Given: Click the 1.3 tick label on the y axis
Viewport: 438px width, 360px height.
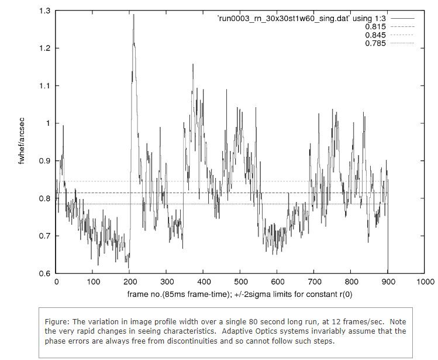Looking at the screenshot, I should (44, 11).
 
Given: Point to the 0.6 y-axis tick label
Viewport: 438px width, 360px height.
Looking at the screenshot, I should (44, 273).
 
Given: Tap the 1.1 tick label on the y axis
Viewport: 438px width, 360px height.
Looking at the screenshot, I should (44, 85).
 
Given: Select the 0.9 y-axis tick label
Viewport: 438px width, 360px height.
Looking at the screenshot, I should (44, 161).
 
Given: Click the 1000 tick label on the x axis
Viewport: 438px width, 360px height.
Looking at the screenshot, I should (425, 282).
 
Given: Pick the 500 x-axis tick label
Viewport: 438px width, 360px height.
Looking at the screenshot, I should (240, 282).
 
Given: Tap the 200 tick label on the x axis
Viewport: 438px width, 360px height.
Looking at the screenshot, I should (130, 282).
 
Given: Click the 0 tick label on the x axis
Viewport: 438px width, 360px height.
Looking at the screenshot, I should (56, 282).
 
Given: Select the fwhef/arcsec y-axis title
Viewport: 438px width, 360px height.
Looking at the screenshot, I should (22, 142).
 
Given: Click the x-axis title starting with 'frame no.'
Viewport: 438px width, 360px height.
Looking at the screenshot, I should (240, 294).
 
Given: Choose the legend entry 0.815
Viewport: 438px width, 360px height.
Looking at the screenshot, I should (375, 27).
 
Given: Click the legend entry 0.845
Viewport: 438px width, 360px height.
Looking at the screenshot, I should (375, 35).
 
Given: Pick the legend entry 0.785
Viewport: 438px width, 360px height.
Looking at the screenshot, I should (375, 43).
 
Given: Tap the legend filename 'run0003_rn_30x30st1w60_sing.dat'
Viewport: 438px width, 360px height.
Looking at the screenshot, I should (301, 19).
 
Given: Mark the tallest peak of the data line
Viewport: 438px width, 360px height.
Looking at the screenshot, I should (133, 15).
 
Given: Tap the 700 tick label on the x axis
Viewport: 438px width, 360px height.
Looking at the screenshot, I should (314, 282).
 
